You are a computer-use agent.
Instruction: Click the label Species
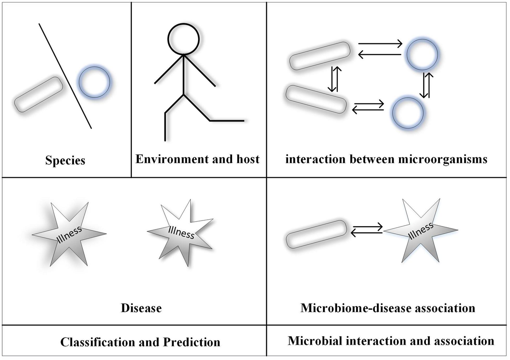(x=65, y=161)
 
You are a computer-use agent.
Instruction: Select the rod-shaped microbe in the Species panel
(x=39, y=94)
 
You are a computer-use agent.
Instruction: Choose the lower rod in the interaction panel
(x=315, y=99)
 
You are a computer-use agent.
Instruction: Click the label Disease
(x=141, y=308)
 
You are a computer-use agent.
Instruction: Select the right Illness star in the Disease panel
(x=180, y=232)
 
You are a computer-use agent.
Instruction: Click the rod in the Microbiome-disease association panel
(x=316, y=234)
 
